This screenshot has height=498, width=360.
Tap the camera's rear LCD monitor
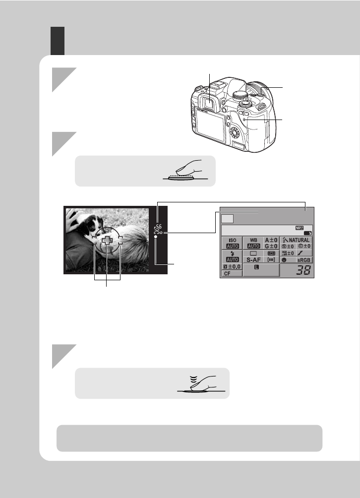[x=205, y=124]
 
